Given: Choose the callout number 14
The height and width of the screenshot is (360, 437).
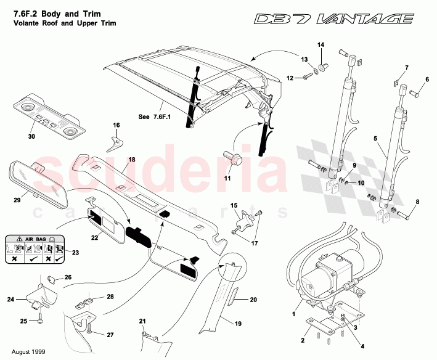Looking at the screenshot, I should (x=320, y=44).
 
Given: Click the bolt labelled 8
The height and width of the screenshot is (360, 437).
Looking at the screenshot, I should (x=404, y=215).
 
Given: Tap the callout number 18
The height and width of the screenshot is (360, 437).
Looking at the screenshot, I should (x=131, y=160).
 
